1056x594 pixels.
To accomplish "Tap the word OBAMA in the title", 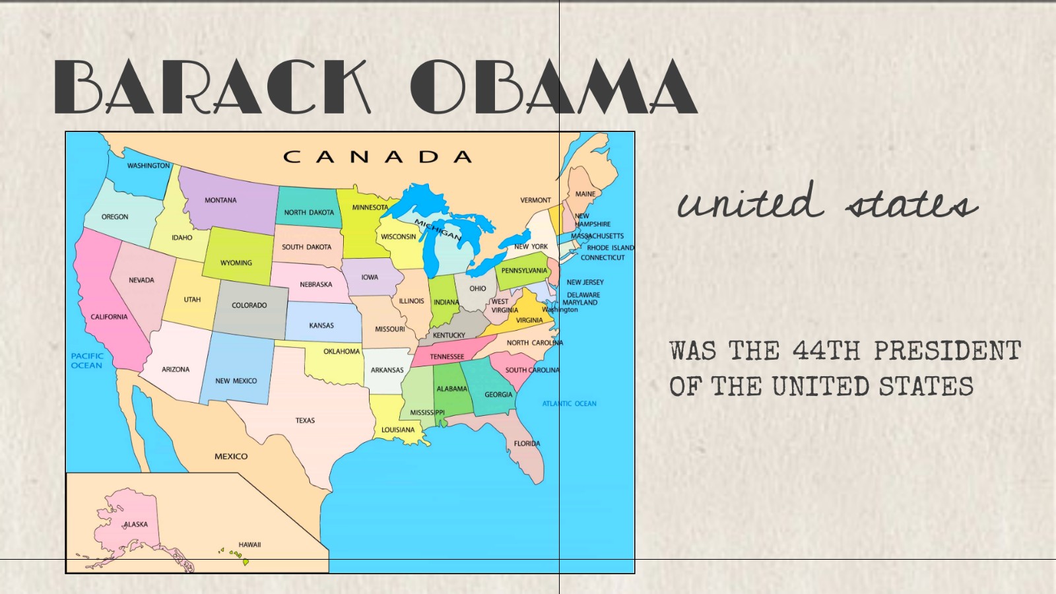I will tap(553, 86).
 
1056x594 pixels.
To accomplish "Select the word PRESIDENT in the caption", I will tap(947, 351).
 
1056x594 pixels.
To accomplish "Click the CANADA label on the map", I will tap(378, 157).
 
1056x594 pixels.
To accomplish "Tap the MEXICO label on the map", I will tap(231, 456).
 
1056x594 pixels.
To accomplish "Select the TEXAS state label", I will tap(305, 420).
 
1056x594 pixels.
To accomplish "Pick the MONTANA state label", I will tap(220, 200).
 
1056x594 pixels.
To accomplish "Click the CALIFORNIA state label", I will tap(110, 317).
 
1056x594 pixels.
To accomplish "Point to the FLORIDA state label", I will tap(527, 444).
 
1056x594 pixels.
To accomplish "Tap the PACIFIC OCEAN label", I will tap(87, 360).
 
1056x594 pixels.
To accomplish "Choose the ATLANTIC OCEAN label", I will tap(569, 403).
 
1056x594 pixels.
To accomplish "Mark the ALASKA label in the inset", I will tap(135, 525).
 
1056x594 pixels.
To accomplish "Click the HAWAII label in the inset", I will tap(249, 544).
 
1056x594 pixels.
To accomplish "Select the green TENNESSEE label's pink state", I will tap(447, 356).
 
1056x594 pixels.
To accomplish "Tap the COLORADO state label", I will tap(249, 305).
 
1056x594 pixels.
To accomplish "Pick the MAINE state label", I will tap(585, 194).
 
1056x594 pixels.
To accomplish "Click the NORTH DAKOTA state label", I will tap(309, 213).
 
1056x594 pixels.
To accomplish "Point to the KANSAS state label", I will tap(321, 325).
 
